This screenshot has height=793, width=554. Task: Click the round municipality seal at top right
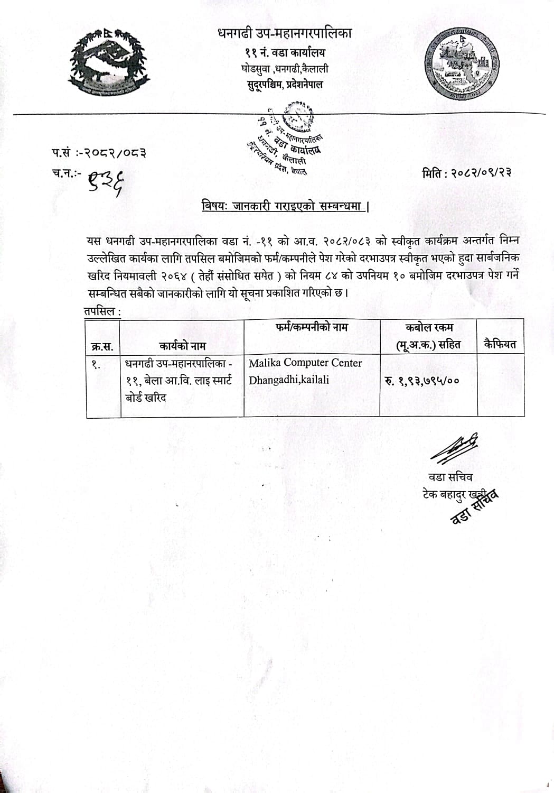point(463,64)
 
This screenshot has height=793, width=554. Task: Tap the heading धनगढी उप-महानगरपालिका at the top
point(285,33)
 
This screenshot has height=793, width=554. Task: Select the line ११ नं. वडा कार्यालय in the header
point(285,52)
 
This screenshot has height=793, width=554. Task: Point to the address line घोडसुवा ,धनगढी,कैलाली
point(285,68)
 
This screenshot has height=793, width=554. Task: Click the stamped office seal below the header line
point(288,139)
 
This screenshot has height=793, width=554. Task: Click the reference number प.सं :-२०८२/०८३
point(99,153)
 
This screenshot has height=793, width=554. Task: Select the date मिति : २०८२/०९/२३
point(466,172)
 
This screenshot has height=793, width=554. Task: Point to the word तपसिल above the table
point(100,311)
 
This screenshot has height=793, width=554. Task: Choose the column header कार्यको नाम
point(182,346)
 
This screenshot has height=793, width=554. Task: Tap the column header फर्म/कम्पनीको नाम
point(312,327)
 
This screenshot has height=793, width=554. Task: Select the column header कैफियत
point(500,345)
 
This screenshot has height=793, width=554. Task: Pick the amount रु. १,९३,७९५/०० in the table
point(422,380)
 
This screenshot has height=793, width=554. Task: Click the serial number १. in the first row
point(96,364)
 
